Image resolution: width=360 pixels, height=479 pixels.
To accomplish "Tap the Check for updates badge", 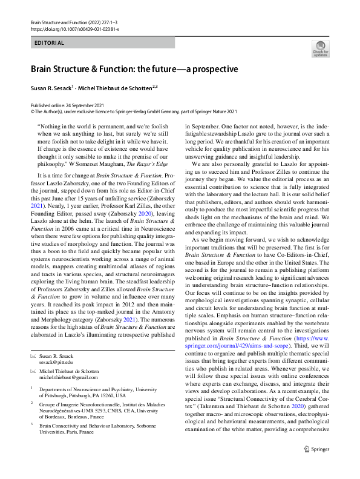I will click(319, 50).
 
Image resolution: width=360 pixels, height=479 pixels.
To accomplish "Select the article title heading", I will click(136, 69).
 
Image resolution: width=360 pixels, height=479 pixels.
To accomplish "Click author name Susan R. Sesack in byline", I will click(51, 87).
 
